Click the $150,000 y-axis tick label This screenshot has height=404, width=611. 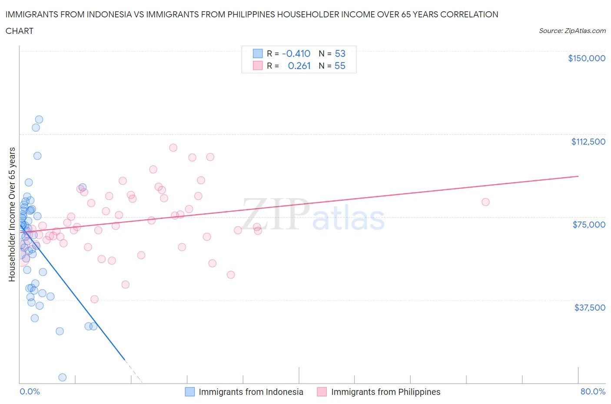tap(586, 59)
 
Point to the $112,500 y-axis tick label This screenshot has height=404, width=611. tap(588, 142)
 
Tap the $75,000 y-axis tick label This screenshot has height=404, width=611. tap(589, 225)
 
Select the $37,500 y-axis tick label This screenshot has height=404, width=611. tap(589, 308)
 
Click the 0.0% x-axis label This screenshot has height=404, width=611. tap(30, 391)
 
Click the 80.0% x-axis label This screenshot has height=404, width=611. tap(593, 391)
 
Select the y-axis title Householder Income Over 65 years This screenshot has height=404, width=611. tap(12, 214)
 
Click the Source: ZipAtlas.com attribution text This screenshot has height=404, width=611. tap(572, 31)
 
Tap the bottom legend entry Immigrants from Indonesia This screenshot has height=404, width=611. tap(251, 392)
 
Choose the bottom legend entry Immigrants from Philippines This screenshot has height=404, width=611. tap(385, 392)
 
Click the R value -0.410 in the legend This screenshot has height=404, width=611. tap(296, 53)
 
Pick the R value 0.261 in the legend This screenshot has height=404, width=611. tap(299, 66)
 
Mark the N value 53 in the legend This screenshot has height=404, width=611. tap(340, 53)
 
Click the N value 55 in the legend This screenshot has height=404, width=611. tap(340, 66)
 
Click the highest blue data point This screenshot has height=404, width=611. tap(39, 119)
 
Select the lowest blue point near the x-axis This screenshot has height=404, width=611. tap(62, 377)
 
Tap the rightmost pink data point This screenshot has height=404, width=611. tap(485, 202)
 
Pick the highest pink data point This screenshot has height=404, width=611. tap(173, 148)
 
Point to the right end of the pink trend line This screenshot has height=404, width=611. tap(578, 176)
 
